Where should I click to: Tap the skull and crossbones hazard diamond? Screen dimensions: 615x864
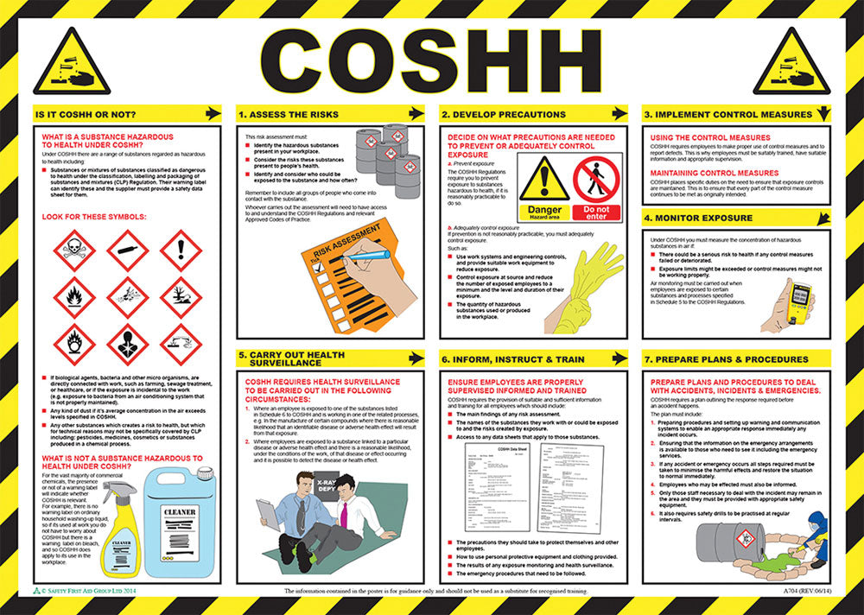pos(73,250)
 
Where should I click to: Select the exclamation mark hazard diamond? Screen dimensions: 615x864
pos(181,250)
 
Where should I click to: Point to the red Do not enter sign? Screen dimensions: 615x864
pos(596,186)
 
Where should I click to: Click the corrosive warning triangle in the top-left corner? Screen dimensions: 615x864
pos(72,64)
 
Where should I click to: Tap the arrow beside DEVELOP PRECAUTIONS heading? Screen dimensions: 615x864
pos(619,113)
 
